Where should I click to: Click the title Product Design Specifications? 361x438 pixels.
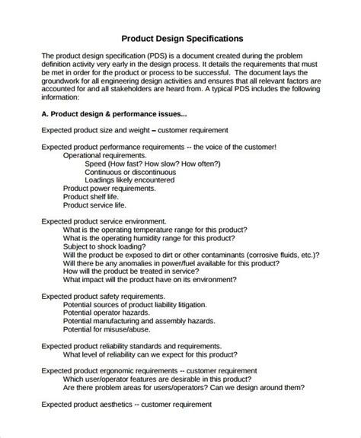point(182,39)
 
